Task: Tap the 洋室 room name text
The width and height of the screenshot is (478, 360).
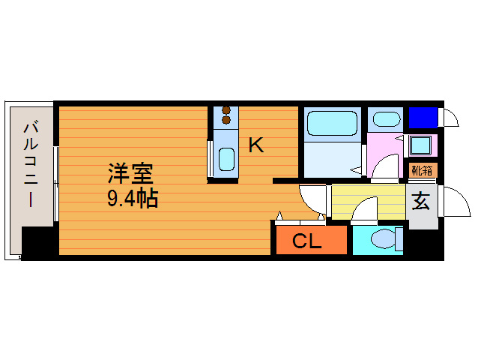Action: (130, 174)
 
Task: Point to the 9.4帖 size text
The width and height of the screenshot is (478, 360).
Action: (132, 199)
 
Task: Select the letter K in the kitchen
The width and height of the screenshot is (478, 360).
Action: (255, 145)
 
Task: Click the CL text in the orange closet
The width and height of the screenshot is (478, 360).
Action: (306, 241)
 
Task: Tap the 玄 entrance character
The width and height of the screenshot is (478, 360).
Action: (421, 201)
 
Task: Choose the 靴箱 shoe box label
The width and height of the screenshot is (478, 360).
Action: (421, 170)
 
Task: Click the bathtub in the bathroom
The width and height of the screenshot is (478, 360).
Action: (333, 122)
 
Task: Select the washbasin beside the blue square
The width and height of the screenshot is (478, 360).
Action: (386, 119)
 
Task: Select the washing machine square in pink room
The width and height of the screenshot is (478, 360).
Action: (420, 145)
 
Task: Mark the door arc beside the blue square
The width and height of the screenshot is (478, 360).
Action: (450, 118)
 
